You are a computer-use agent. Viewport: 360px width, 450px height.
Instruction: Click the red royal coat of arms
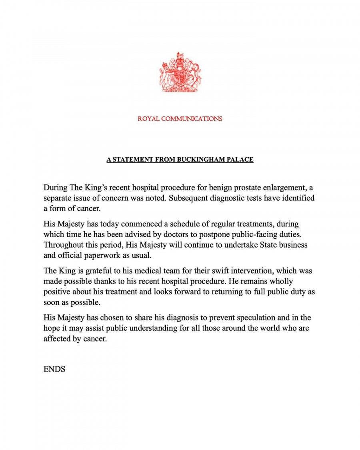click(x=180, y=72)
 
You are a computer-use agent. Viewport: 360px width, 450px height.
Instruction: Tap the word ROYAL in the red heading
click(x=148, y=119)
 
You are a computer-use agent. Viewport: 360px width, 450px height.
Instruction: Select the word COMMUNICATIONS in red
click(x=192, y=119)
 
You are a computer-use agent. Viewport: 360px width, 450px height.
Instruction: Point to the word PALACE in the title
click(x=240, y=160)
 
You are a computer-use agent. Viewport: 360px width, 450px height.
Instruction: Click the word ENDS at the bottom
click(x=54, y=369)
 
